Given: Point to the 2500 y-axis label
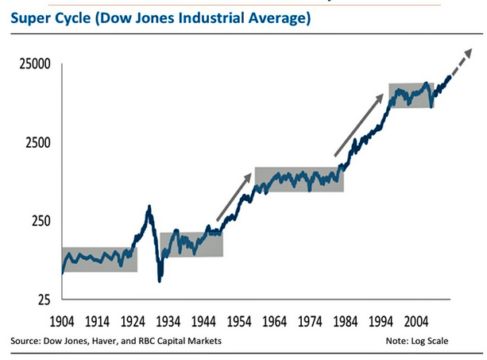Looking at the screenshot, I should [x=35, y=144].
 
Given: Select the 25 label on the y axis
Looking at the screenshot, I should [x=42, y=300].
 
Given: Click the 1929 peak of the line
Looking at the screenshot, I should [x=149, y=207].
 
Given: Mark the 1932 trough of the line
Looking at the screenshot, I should [x=160, y=280].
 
